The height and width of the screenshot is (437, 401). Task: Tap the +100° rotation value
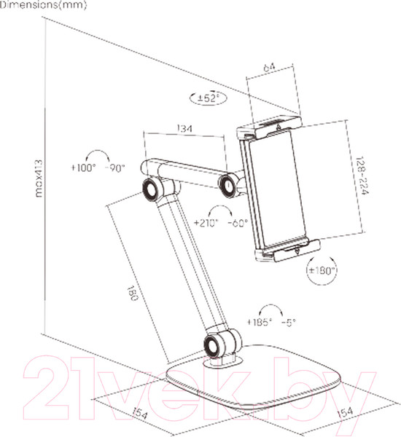(84, 168)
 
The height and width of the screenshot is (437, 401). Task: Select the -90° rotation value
(116, 168)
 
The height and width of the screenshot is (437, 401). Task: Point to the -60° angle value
(238, 222)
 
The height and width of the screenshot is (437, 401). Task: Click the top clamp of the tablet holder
(268, 132)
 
